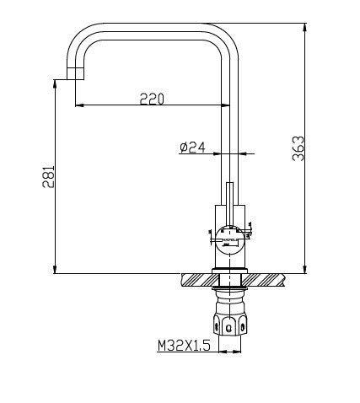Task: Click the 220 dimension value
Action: tap(152, 99)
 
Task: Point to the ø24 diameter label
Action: tap(192, 147)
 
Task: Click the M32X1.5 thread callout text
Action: tap(182, 345)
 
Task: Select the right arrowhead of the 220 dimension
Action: tap(225, 105)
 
